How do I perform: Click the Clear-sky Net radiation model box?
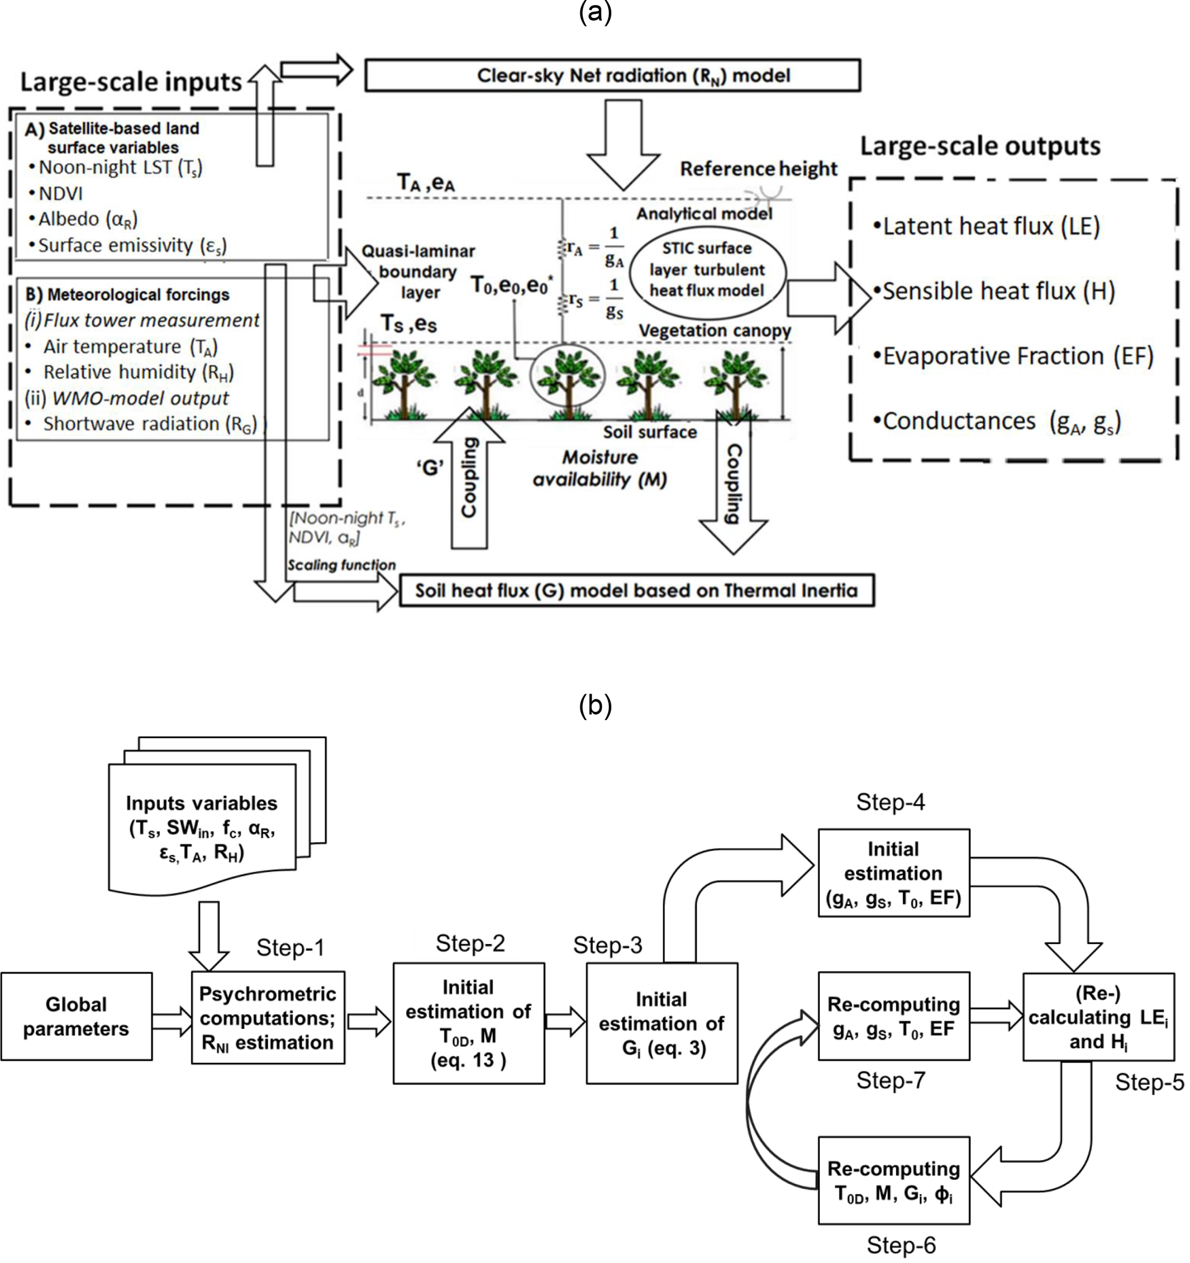(x=612, y=75)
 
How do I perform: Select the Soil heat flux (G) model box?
(x=636, y=590)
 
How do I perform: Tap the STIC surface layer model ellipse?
(x=707, y=269)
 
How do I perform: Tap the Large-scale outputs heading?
(x=980, y=146)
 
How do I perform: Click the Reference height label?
(x=758, y=169)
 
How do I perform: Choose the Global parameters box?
(x=76, y=1017)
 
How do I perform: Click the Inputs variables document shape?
(x=202, y=826)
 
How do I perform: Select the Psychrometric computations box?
(x=268, y=1018)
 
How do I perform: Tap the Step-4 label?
(x=890, y=802)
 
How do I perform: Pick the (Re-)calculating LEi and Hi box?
(x=1098, y=1017)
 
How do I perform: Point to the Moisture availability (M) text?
(x=600, y=468)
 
